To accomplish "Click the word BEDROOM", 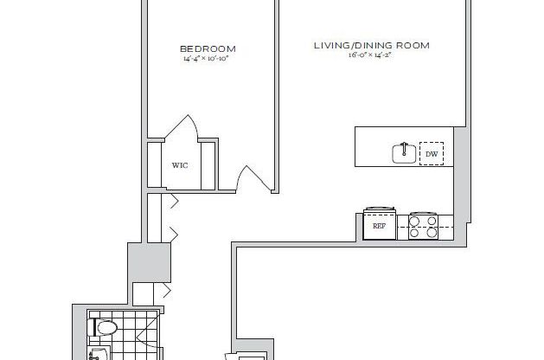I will (208, 48).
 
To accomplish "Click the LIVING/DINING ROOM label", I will (371, 45).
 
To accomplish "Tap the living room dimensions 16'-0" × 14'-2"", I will (371, 55).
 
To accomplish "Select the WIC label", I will (180, 164).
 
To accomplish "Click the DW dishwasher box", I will (431, 155).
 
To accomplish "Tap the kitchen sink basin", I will (400, 153).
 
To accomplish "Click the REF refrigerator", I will (379, 225).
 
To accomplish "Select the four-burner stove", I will (424, 225).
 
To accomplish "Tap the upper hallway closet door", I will (172, 202).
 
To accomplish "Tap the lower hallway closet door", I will (172, 232).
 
